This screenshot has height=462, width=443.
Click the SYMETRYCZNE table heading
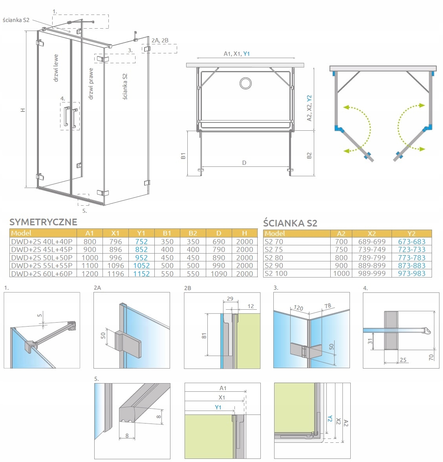(x=43, y=222)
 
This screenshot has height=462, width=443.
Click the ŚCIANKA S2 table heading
(x=290, y=223)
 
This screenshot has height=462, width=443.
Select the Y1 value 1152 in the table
(x=141, y=274)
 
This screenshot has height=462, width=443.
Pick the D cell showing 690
(x=219, y=241)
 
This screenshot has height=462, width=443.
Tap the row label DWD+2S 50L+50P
(x=42, y=257)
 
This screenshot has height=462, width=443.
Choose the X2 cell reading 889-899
(x=372, y=265)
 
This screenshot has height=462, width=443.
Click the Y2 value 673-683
(x=412, y=241)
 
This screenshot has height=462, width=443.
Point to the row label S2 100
(x=276, y=274)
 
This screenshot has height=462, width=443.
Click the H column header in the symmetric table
(x=244, y=233)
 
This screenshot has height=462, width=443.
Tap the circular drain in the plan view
(x=246, y=83)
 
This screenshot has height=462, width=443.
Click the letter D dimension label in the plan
(x=244, y=163)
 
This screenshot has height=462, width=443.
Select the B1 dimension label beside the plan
(x=183, y=156)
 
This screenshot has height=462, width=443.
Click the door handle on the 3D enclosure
(x=70, y=116)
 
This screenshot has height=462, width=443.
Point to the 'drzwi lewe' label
(x=56, y=68)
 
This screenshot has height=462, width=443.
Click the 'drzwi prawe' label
(x=91, y=83)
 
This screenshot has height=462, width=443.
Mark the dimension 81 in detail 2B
(x=204, y=336)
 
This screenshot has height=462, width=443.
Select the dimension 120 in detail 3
(x=298, y=309)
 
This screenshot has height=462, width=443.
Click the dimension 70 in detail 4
(x=431, y=357)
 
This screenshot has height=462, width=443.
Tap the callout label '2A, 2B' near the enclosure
(x=160, y=40)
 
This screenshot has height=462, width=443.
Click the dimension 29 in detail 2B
(x=230, y=299)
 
